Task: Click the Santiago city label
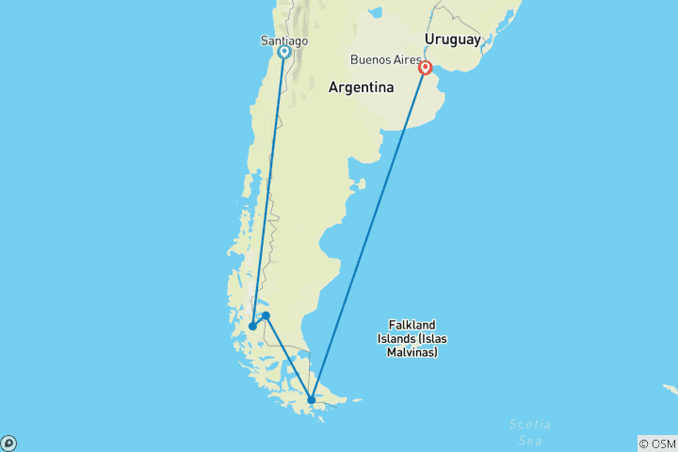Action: [283, 40]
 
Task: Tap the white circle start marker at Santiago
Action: [283, 53]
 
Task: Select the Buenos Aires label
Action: [385, 59]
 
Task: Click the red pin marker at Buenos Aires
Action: [426, 68]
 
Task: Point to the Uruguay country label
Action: [452, 39]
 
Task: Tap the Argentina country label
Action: [361, 88]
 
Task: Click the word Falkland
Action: [412, 325]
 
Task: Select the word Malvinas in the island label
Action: [412, 352]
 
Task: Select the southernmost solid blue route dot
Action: [312, 400]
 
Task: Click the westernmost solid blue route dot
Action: [252, 327]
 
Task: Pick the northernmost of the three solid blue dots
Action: [266, 315]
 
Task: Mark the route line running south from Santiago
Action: [268, 188]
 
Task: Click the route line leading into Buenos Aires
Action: [369, 234]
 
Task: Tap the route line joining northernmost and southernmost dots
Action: [289, 358]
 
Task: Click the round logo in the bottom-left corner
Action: [8, 443]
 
